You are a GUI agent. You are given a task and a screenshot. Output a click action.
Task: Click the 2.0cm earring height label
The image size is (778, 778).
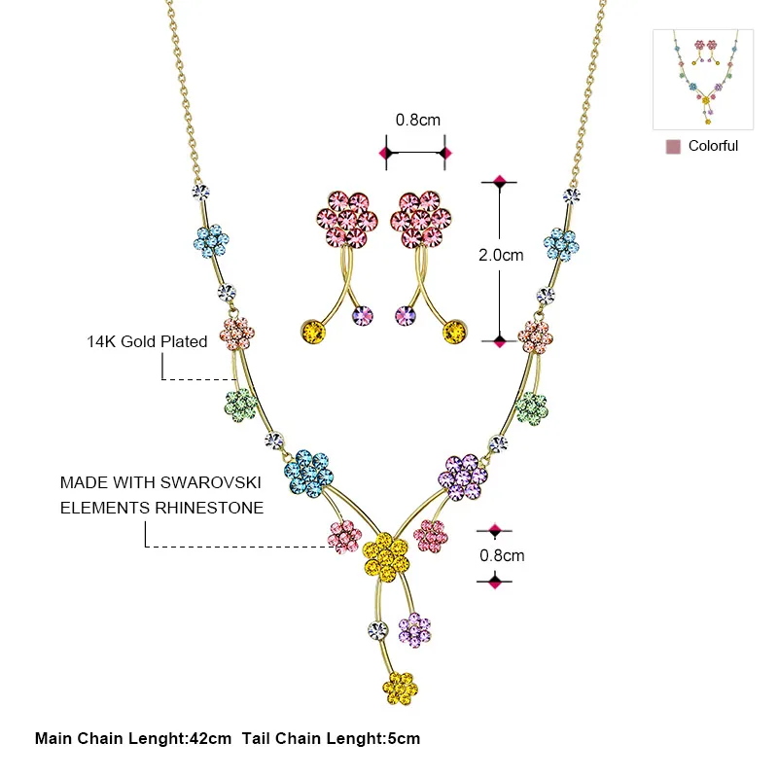tap(501, 255)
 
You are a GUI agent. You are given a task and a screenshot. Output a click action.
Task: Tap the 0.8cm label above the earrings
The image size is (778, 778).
tap(418, 120)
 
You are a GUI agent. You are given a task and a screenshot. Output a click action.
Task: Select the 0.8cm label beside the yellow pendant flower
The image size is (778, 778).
tap(502, 555)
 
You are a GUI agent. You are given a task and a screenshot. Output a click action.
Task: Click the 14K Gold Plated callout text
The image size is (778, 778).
tap(147, 341)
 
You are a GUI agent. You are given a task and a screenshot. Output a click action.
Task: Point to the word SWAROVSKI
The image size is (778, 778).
tap(211, 482)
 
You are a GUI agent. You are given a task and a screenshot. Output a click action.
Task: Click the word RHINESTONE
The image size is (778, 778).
tap(209, 508)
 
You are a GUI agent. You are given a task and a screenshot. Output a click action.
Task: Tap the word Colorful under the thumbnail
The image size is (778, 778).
tap(713, 146)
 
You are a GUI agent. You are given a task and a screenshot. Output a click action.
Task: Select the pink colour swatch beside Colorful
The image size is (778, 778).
tap(673, 147)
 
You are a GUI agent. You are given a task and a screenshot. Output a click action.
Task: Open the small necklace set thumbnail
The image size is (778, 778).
tap(703, 80)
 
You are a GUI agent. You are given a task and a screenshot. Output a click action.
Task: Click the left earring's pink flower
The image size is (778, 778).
tap(347, 219)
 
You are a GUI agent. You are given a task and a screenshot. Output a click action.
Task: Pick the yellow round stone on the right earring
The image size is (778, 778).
tap(454, 332)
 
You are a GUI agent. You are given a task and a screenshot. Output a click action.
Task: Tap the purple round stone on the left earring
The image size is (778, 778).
tap(362, 315)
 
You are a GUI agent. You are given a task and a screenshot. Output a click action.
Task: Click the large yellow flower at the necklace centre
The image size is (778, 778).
tap(386, 556)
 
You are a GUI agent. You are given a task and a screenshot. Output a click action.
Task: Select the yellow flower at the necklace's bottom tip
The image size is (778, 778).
tap(400, 689)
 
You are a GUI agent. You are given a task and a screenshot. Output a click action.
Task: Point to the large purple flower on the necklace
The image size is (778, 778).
tap(463, 477)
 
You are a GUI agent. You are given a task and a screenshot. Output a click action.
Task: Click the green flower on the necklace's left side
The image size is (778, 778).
tap(241, 406)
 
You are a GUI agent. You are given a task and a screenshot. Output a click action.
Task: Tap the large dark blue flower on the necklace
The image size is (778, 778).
tap(308, 474)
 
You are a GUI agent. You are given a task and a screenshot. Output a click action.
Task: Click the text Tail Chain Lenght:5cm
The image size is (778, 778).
tap(331, 738)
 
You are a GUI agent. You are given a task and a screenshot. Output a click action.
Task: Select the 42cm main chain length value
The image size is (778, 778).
tap(211, 738)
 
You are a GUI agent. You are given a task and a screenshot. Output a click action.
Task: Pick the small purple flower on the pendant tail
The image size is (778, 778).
tap(415, 630)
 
